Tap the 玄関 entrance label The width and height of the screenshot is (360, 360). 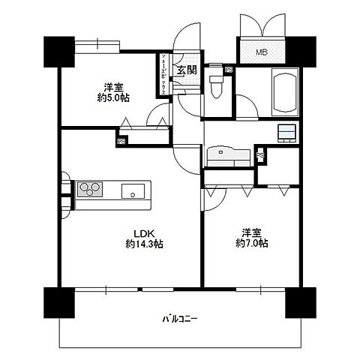(x=187, y=70)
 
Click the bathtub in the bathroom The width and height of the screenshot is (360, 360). (x=282, y=87)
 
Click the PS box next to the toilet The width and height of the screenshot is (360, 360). (x=228, y=70)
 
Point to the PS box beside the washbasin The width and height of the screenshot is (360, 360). (x=260, y=155)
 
